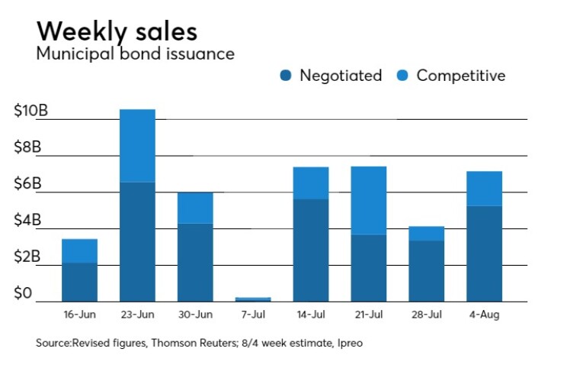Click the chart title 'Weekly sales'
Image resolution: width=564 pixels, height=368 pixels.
117,31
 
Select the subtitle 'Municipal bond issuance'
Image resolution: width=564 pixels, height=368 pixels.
135,54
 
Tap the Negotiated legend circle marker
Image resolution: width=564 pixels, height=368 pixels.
286,76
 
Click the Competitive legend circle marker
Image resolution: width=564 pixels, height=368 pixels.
403,76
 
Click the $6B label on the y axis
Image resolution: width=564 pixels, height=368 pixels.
29,184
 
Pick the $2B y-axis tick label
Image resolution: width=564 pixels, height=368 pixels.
29,257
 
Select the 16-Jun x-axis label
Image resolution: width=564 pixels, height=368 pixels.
79,314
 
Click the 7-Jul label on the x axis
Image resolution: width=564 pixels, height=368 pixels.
253,314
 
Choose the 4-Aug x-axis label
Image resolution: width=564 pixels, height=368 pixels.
484,314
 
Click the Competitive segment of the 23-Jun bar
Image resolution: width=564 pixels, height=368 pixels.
137,145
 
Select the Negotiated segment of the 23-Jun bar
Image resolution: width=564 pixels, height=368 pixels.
137,241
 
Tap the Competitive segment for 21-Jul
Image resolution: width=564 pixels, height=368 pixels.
369,200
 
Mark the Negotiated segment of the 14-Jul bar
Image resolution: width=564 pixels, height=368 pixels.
311,250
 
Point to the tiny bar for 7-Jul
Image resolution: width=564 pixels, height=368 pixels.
253,299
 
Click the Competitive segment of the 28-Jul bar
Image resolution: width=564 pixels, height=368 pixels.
427,233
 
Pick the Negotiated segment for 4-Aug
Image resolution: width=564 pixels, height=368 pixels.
484,253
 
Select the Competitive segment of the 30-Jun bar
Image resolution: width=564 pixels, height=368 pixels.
195,208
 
